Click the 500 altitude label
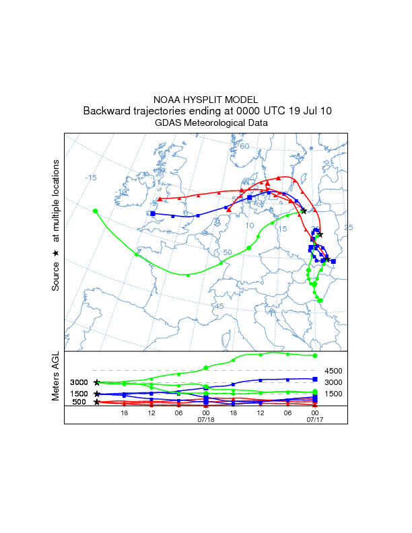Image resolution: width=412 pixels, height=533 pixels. point(79,402)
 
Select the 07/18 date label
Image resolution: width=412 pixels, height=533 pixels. point(205,419)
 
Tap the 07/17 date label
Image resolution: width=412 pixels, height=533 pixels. point(315,419)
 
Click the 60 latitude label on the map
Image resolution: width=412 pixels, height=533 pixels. point(244,146)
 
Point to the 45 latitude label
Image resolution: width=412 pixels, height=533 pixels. point(218,306)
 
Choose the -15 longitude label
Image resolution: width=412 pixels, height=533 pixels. point(90,178)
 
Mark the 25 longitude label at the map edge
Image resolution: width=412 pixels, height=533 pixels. point(348,228)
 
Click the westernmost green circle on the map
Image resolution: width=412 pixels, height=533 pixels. point(95,211)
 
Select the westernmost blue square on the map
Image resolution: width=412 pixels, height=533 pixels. point(153,213)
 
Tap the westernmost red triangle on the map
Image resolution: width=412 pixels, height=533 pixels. point(159,199)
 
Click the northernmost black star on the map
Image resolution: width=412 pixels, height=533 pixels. point(304,211)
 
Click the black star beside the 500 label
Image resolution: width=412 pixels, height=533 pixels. point(97,402)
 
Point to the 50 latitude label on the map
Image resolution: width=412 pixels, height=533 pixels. point(228,252)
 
